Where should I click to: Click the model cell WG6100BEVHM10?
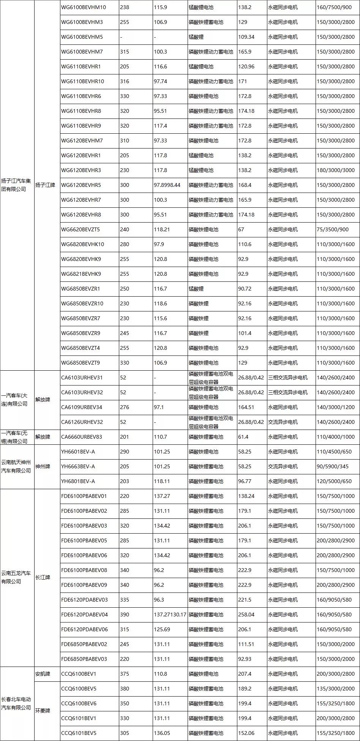[84, 7]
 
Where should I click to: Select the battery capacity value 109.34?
[246, 37]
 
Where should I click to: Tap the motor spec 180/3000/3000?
[335, 170]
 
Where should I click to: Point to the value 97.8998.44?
[167, 185]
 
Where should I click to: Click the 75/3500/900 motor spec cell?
[333, 229]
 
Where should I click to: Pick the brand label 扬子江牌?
[45, 185]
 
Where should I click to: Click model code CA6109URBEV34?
[82, 407]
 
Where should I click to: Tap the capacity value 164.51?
[246, 407]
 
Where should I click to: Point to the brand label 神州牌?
[43, 466]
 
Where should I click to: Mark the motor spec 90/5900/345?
[332, 466]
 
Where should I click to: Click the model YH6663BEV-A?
[78, 466]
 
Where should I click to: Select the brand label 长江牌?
[43, 577]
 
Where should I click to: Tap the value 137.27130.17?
[170, 615]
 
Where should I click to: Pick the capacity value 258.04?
[246, 615]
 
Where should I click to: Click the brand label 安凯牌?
[43, 674]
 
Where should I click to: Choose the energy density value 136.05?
[162, 733]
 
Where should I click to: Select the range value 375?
[125, 674]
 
